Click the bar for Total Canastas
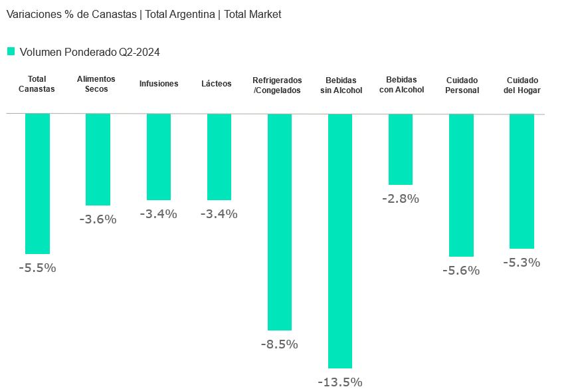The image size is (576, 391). [37, 184]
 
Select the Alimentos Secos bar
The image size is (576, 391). [98, 160]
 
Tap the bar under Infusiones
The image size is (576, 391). [159, 157]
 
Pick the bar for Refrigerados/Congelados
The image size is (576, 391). [280, 221]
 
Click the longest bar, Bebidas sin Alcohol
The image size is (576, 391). [340, 241]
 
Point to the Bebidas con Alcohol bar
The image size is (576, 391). [401, 149]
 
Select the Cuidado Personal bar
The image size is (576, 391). [461, 185]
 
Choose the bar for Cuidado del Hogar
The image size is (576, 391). [522, 181]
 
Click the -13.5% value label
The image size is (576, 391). [339, 382]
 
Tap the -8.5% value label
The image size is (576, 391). [279, 344]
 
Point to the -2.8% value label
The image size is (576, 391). [401, 198]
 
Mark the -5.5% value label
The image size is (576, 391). [37, 268]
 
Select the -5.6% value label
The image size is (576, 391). [461, 271]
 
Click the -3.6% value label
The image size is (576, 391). [98, 219]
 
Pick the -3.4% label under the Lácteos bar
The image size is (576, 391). [219, 214]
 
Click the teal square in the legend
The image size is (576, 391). [11, 51]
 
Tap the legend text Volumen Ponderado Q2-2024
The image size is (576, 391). [90, 52]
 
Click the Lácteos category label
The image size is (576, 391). [217, 84]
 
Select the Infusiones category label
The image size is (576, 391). [159, 84]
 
